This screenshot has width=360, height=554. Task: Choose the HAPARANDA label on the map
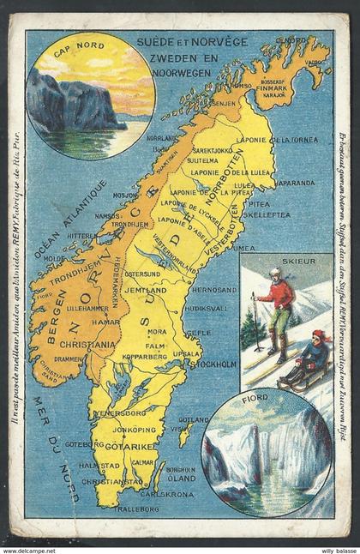(296, 183)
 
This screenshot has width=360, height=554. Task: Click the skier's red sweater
(277, 293)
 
